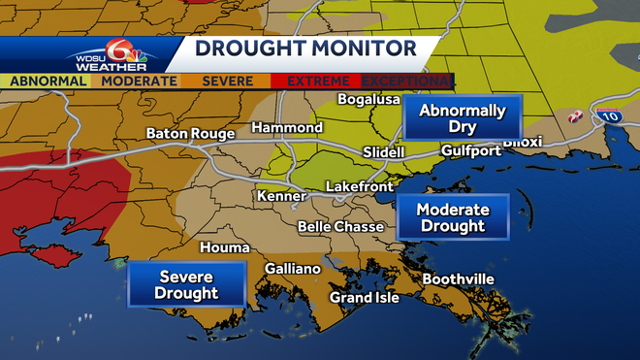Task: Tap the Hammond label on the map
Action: coord(287,128)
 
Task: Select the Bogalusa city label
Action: coord(368,99)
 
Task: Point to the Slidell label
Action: coord(382,153)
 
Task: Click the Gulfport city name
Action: coord(471,151)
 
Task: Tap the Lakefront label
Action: coord(360,185)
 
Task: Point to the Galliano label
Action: coord(292,269)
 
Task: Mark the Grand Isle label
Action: coord(365,297)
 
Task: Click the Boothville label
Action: coord(458,279)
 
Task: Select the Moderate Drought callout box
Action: coord(452,217)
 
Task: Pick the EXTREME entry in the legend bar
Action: coord(317,81)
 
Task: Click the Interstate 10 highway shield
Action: coord(608,115)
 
